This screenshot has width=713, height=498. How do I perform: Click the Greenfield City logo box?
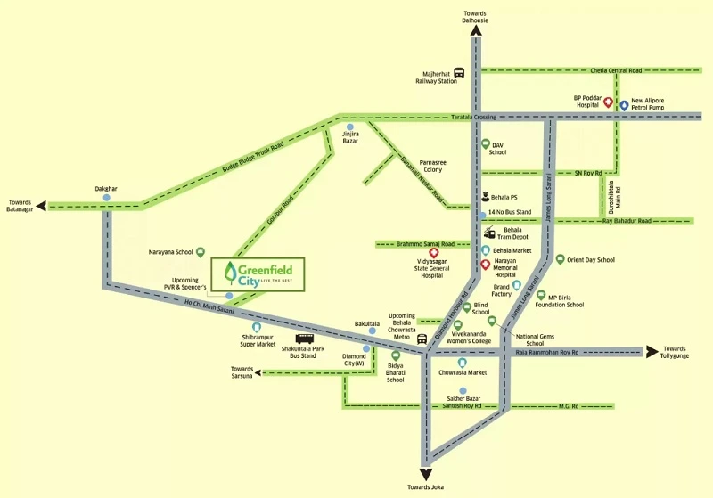coord(258,274)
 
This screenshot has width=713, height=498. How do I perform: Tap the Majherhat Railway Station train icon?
coord(459,73)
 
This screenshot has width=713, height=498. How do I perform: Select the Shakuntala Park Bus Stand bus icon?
coord(304,339)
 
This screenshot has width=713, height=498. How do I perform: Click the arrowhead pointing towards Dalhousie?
coord(476,30)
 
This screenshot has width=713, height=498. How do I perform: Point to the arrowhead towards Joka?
coord(426,475)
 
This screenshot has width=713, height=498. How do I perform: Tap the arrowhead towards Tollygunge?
coord(652,352)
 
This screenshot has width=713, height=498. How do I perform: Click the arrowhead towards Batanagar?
coord(41,207)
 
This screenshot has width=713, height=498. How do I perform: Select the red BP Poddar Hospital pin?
coord(608,102)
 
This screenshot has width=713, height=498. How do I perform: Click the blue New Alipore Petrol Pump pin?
coord(625,105)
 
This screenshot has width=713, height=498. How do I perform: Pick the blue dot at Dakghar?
coord(106,198)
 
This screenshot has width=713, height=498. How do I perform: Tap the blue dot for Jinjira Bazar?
coord(349,127)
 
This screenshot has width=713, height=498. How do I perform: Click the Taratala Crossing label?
coord(473,118)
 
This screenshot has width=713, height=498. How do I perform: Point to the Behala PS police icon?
coord(485,197)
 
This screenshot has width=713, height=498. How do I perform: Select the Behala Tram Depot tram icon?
coord(489,233)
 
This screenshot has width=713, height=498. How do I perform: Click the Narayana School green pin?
coord(200,252)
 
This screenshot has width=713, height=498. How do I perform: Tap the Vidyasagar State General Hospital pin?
coord(434,253)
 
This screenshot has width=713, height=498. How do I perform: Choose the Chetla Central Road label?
coord(616,70)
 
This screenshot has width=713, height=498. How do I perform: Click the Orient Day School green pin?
coord(561,259)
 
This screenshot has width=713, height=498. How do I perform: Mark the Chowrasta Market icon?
coord(463,363)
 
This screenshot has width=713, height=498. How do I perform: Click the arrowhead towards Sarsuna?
coord(258,373)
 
